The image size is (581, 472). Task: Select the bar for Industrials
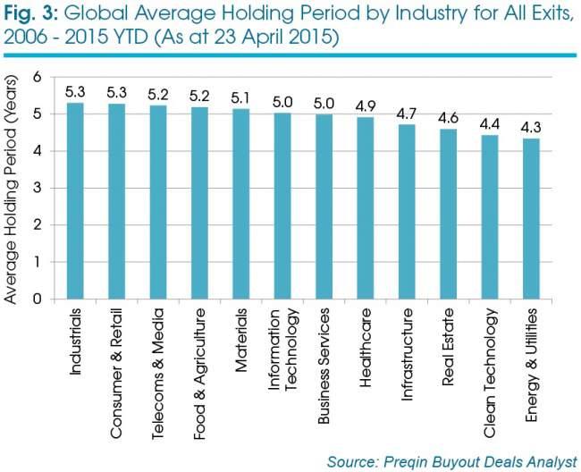tap(75, 201)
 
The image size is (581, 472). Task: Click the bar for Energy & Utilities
tap(531, 219)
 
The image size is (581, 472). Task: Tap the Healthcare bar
tap(366, 208)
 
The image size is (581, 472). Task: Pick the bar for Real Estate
tap(449, 214)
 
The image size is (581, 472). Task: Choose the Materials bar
tap(240, 204)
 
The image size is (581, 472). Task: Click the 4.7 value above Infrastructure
tap(407, 114)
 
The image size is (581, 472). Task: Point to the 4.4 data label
tap(490, 124)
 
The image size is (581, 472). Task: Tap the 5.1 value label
tap(240, 98)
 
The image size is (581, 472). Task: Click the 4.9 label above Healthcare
tap(366, 106)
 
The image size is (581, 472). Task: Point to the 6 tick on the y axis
tap(38, 77)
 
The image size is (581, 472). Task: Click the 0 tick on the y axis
tap(38, 299)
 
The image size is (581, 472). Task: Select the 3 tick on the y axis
tap(38, 188)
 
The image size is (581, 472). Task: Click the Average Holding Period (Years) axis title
tap(11, 190)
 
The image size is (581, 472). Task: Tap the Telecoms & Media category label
tap(158, 374)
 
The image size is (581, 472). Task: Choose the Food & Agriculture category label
tap(199, 374)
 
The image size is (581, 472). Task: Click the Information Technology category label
tap(283, 350)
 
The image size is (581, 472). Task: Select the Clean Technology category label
tap(490, 373)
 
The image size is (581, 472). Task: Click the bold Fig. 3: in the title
tap(30, 14)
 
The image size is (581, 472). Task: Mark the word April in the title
tap(265, 38)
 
